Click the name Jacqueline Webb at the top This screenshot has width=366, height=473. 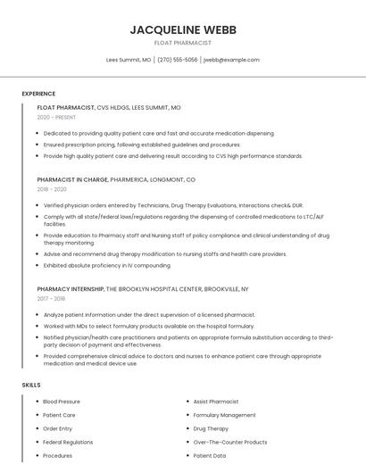coord(183,29)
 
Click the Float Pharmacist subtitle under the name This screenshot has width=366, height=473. coord(183,43)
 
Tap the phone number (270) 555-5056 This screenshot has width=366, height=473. coord(178,60)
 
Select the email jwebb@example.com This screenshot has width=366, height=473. coord(231,60)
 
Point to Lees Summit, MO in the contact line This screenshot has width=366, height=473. coord(129,60)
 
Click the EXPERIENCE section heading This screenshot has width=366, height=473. coord(38,94)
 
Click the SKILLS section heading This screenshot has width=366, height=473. coord(31,385)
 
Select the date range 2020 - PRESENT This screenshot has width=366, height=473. coord(56,117)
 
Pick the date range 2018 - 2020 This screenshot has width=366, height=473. coord(52,189)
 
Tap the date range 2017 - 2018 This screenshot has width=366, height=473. coord(52,299)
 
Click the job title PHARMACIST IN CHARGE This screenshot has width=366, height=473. coord(72,179)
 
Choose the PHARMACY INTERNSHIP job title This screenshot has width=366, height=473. coord(71,289)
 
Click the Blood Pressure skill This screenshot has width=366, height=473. coord(62,402)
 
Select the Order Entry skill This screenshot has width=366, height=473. coord(58,428)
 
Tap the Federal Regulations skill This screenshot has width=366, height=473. coord(68,442)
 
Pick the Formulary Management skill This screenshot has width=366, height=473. coord(224,415)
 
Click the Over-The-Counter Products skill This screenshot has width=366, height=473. coord(230,442)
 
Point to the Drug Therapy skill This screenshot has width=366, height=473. coord(211,428)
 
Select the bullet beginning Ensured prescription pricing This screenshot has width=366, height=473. coord(142,145)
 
